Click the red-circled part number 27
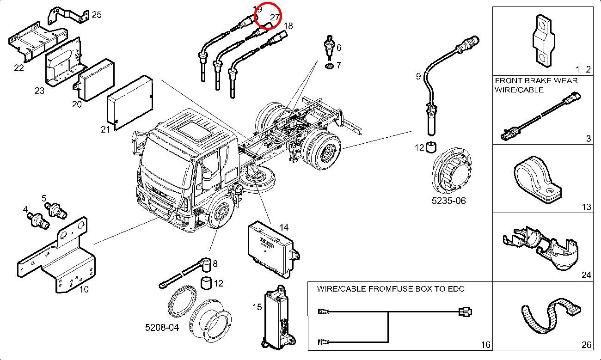tap(275, 17)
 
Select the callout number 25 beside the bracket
tap(96, 15)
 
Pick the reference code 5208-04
tap(162, 327)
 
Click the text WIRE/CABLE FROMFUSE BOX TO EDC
tap(391, 289)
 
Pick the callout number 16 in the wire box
tap(485, 345)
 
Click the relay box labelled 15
tap(276, 315)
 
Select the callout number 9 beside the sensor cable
tap(418, 76)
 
